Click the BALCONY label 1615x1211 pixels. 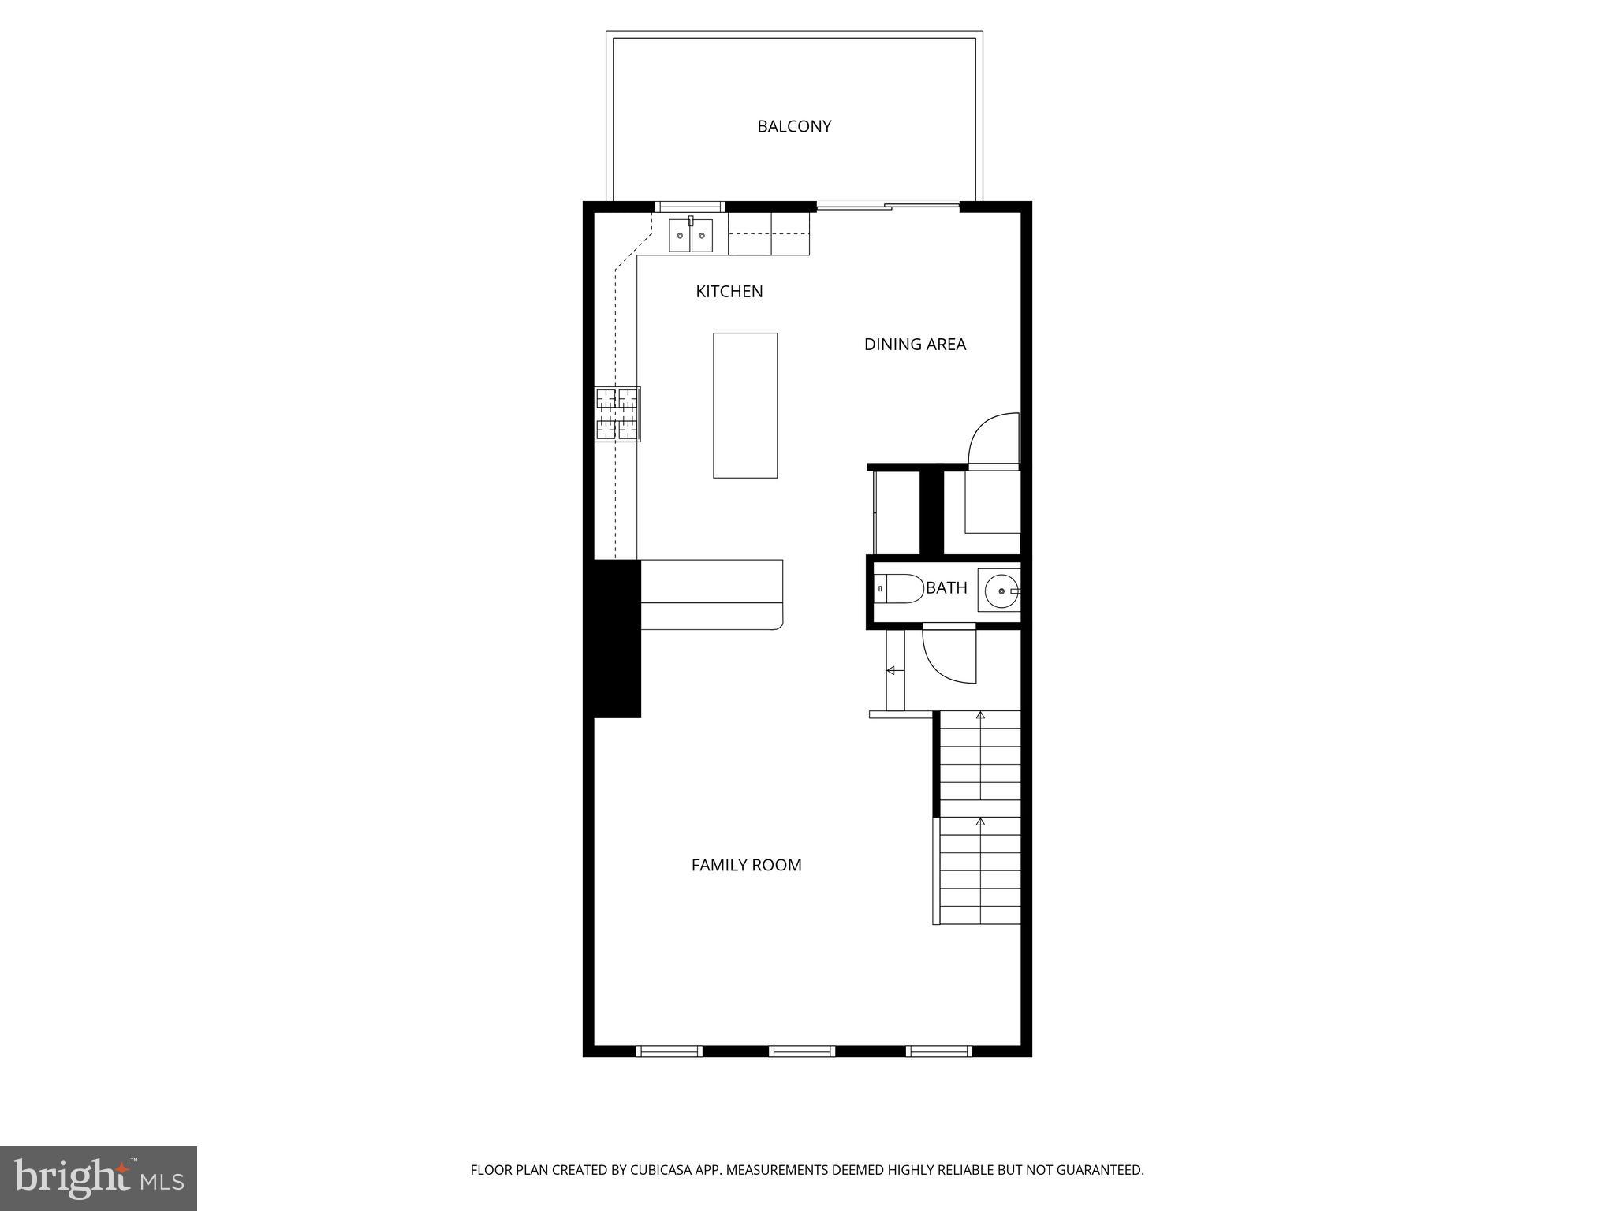pyautogui.click(x=794, y=126)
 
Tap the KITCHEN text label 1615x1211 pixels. pyautogui.click(x=729, y=292)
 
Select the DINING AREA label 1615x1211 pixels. pyautogui.click(x=915, y=345)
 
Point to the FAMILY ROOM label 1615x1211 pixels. pyautogui.click(x=746, y=865)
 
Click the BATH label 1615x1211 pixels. pyautogui.click(x=946, y=588)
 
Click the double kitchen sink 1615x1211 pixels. pyautogui.click(x=691, y=236)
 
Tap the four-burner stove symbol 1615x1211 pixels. pyautogui.click(x=617, y=414)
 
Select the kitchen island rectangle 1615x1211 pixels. pyautogui.click(x=745, y=405)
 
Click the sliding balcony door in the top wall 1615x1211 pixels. pyautogui.click(x=887, y=207)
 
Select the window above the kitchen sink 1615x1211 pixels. pyautogui.click(x=690, y=207)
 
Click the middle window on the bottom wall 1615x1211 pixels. pyautogui.click(x=802, y=1051)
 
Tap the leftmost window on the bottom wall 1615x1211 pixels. pyautogui.click(x=669, y=1051)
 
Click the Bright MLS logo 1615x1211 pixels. pyautogui.click(x=99, y=1178)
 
